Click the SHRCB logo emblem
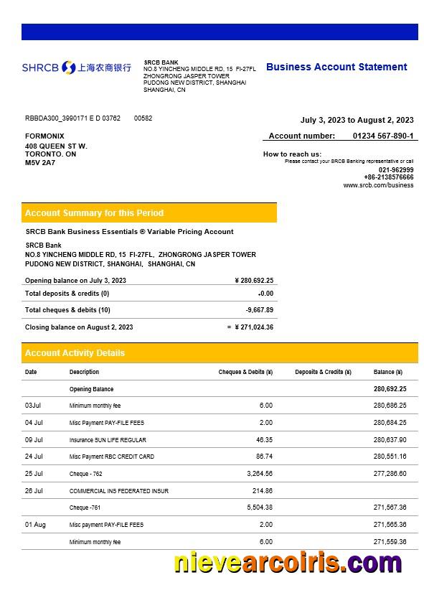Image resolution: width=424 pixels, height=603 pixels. pos(69,67)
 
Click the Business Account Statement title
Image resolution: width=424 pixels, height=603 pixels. pos(336,67)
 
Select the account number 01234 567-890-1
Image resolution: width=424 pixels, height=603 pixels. pos(382,136)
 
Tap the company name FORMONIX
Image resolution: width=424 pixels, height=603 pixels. pos(44,136)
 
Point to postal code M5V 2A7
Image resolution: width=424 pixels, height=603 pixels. pos(40,163)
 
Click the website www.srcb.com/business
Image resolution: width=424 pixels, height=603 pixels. pos(378,185)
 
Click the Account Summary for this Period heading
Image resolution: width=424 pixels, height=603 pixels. pos(94,213)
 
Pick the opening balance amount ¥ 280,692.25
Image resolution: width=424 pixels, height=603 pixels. pos(254,281)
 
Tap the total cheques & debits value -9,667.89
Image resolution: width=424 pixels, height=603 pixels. pos(259,310)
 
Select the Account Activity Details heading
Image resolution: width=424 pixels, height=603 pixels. pos(75,353)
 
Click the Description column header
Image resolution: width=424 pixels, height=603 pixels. pos(84,372)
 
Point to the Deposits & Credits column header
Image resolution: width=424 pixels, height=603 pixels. pos(323,372)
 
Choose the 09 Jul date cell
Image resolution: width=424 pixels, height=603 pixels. pos(34,439)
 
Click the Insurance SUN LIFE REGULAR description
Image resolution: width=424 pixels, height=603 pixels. pos(108,440)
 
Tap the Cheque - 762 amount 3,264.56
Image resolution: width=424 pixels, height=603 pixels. pos(259,474)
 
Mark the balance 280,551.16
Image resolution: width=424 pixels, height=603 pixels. pos(390,457)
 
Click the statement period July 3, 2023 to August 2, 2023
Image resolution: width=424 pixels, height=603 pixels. pos(357,120)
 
